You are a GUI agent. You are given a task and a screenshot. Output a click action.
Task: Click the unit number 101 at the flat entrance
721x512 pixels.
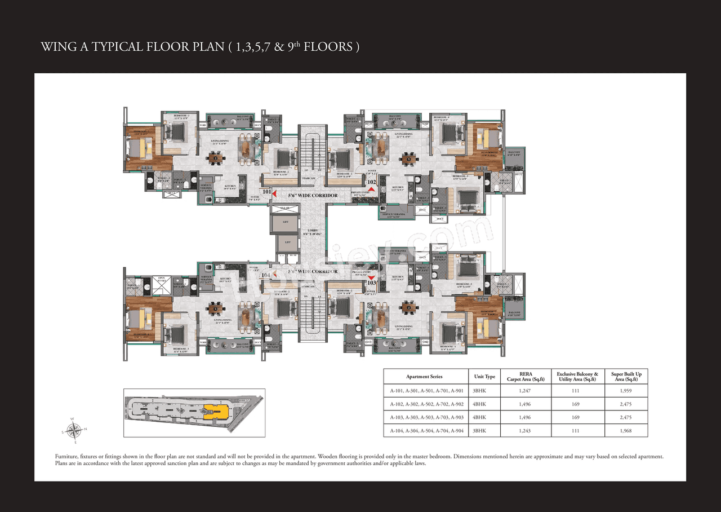point(266,192)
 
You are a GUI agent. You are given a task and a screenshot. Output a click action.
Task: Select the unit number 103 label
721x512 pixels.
point(372,283)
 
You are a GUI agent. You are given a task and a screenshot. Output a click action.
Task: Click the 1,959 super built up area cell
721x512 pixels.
point(626,391)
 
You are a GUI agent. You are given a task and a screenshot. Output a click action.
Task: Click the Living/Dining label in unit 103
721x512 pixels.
point(403,327)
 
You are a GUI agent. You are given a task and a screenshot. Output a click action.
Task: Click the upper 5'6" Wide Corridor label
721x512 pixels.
point(313,196)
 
